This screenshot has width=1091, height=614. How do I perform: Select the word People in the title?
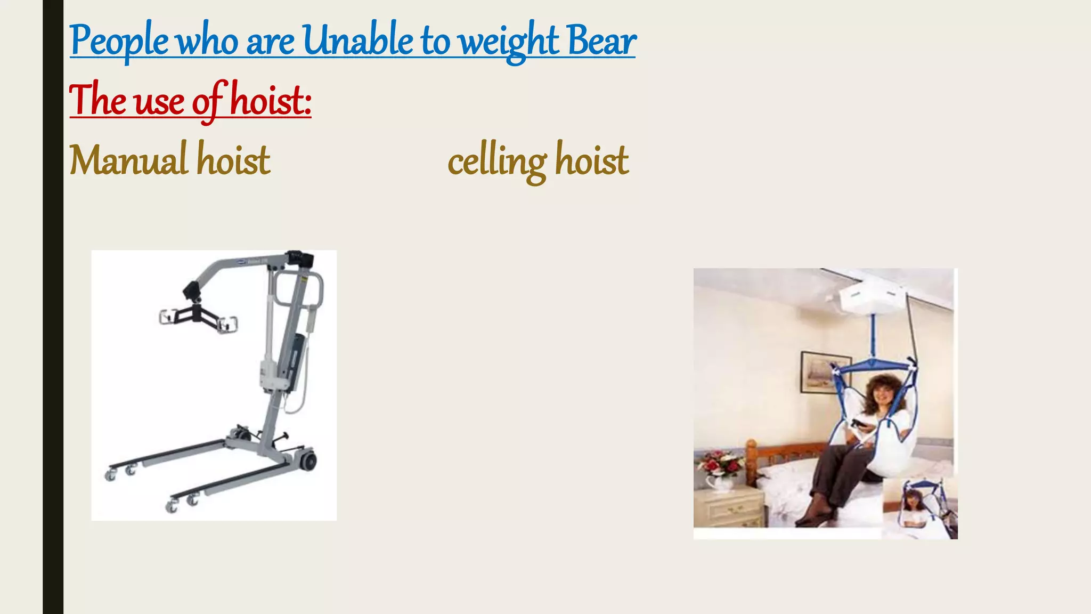(119, 42)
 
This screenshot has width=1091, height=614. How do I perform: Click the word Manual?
(128, 159)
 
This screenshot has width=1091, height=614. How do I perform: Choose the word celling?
(497, 160)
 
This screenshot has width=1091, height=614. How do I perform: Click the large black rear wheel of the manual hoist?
(307, 462)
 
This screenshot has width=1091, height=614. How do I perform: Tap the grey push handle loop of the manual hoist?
(315, 290)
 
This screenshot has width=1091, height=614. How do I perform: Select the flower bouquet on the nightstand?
(720, 463)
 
